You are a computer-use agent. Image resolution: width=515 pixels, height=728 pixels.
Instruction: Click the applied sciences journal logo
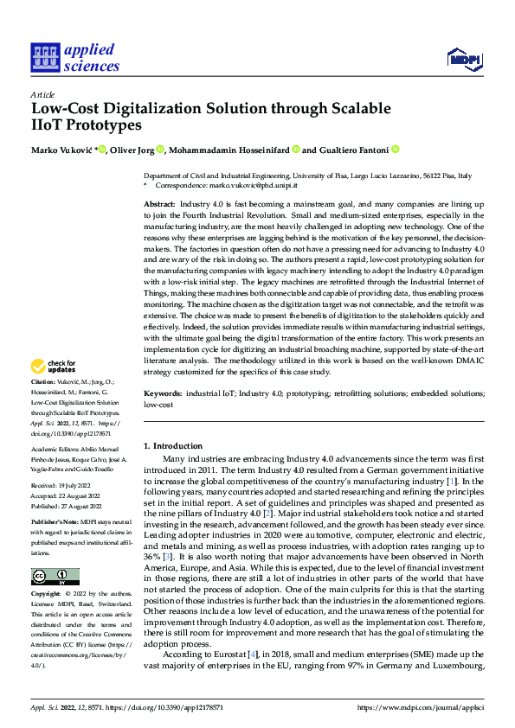click(74, 57)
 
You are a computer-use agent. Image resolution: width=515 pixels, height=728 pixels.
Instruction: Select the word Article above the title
click(42, 94)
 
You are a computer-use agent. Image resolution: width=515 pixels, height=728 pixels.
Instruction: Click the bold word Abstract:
click(159, 201)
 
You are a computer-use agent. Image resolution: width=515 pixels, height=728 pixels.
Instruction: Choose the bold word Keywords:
click(163, 393)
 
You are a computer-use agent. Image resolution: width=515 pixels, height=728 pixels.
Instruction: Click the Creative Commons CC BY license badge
click(55, 577)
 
